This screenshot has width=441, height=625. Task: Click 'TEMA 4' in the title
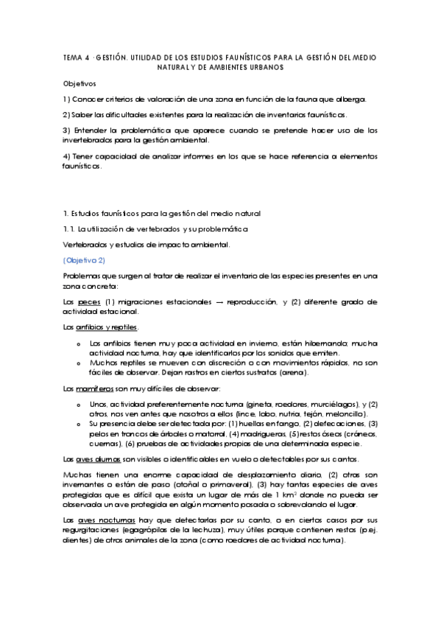(x=76, y=57)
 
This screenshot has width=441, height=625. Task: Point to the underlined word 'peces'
(x=90, y=302)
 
